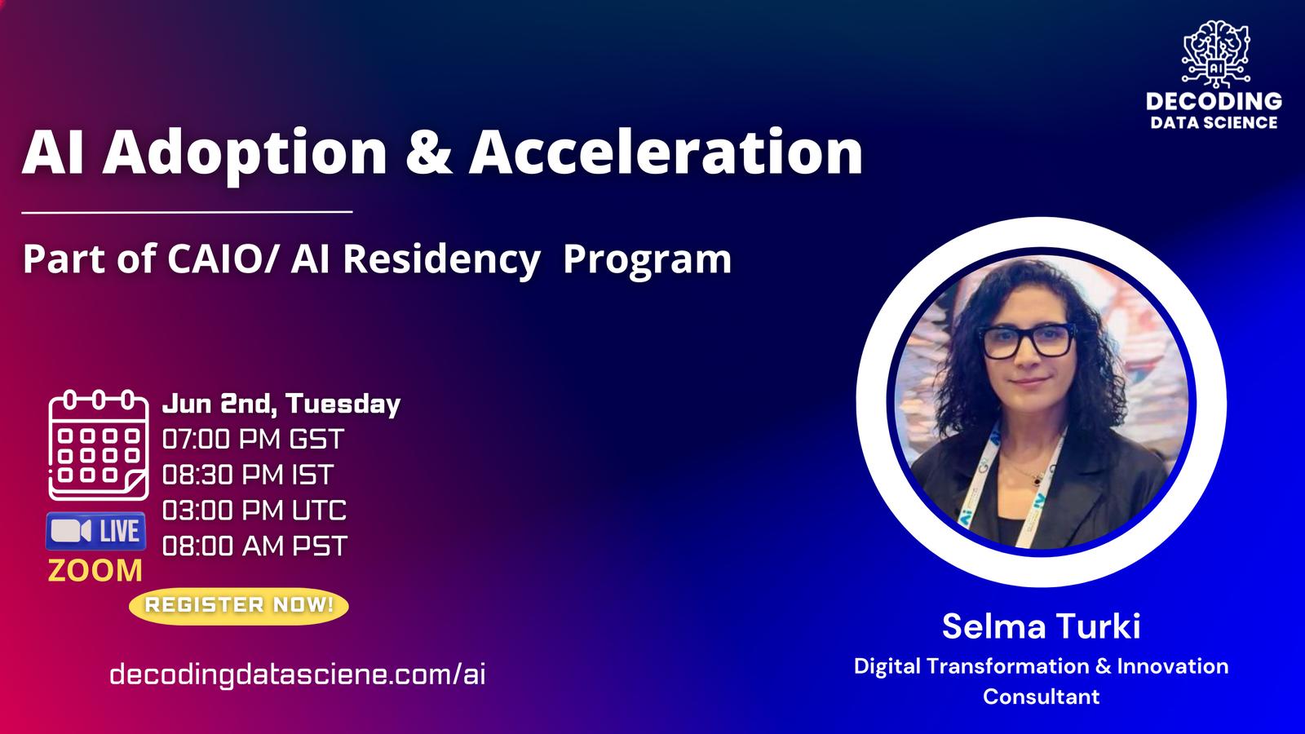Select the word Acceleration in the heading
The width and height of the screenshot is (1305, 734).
click(666, 152)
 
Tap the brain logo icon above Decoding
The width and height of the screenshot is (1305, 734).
click(1215, 53)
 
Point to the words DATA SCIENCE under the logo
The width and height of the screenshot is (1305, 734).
click(1214, 122)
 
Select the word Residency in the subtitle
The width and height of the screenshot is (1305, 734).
click(441, 260)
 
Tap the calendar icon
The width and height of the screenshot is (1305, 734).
click(99, 445)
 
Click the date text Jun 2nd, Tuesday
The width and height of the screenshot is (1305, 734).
click(281, 404)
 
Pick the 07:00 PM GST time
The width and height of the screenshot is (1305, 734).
click(254, 439)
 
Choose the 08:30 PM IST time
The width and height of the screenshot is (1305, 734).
click(248, 475)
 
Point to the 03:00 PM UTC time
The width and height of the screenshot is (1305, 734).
click(254, 511)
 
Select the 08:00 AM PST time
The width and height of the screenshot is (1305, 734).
click(254, 546)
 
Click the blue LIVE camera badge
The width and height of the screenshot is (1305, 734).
click(95, 531)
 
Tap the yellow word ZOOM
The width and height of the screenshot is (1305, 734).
click(95, 571)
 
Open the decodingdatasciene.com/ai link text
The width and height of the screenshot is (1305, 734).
click(297, 674)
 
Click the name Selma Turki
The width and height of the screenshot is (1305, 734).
click(1041, 626)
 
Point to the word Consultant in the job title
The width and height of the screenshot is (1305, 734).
click(1041, 696)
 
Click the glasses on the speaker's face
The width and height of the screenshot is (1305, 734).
click(1029, 341)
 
